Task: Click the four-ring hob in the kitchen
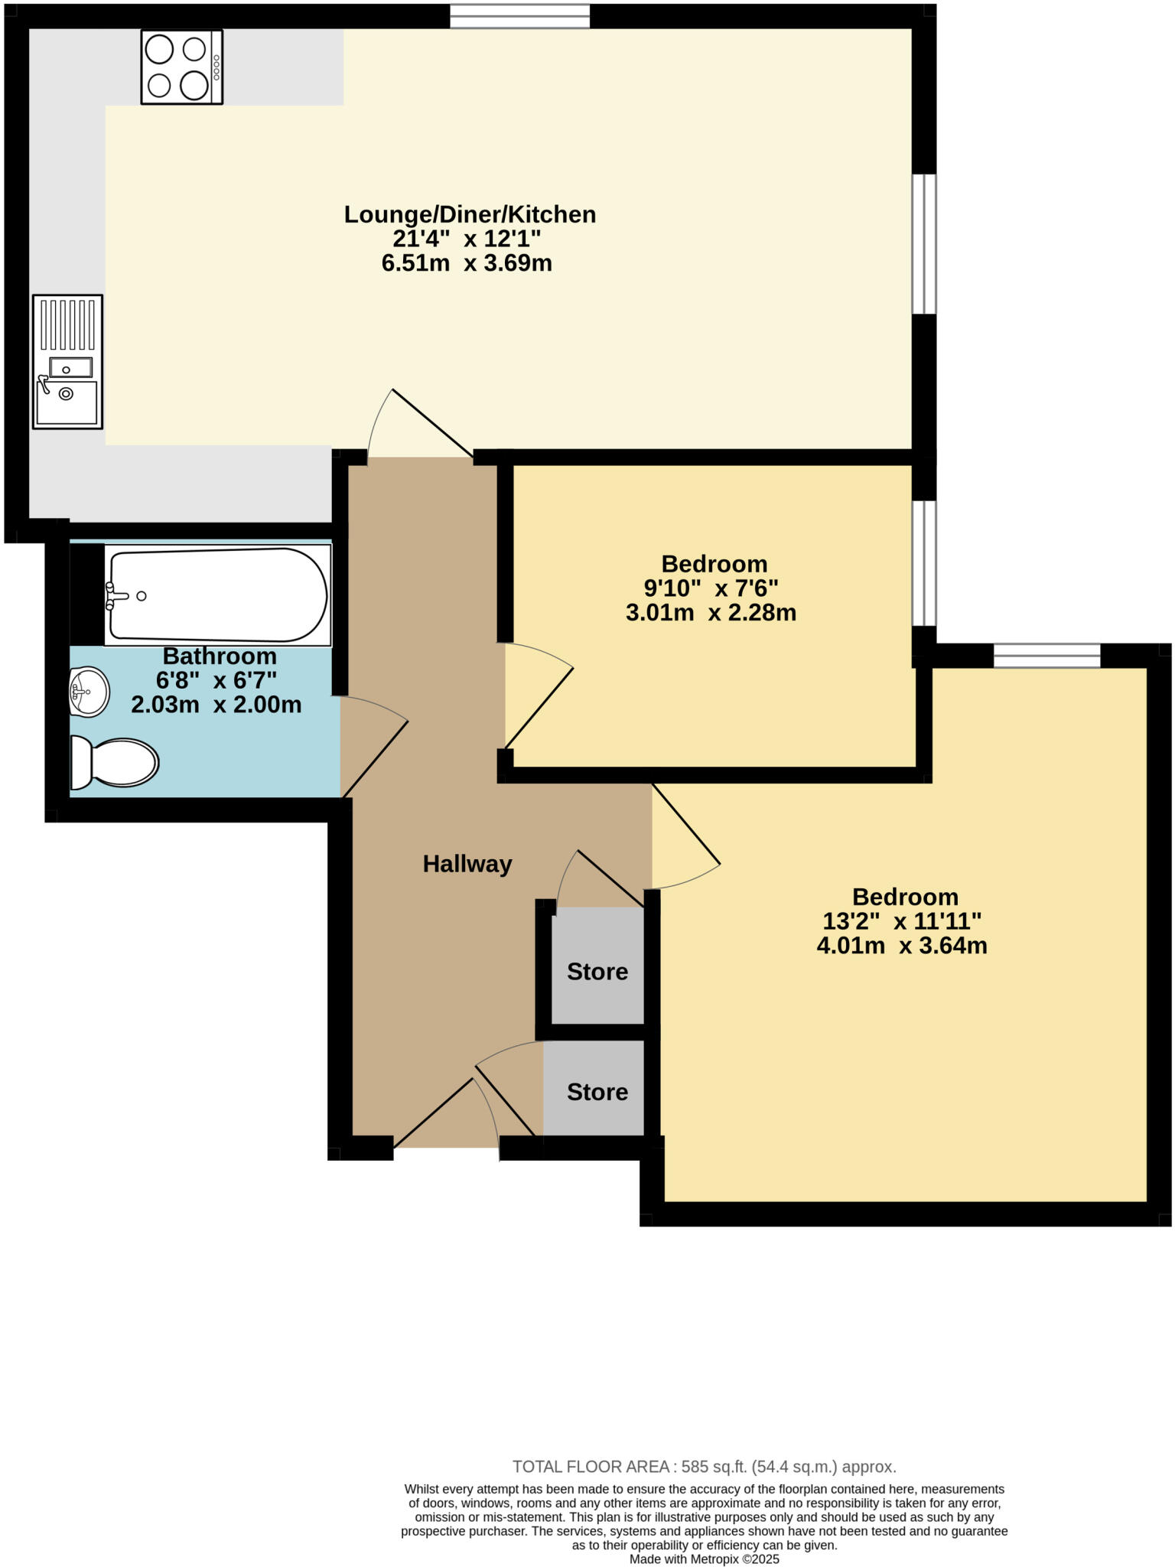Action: pyautogui.click(x=181, y=67)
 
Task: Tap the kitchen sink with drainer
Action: pyautogui.click(x=67, y=361)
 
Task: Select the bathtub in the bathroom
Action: pyautogui.click(x=218, y=595)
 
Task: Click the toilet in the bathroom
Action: pyautogui.click(x=115, y=762)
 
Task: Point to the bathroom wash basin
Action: pyautogui.click(x=89, y=692)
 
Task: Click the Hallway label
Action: pyautogui.click(x=467, y=864)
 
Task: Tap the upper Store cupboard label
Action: pyautogui.click(x=597, y=972)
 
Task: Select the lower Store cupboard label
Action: pyautogui.click(x=597, y=1092)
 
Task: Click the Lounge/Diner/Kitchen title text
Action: pyautogui.click(x=470, y=214)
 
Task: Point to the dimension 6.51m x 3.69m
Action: pyautogui.click(x=467, y=264)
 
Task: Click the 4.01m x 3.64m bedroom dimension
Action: pyautogui.click(x=902, y=946)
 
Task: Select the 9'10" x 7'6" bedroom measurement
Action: pyautogui.click(x=711, y=588)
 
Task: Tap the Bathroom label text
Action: pyautogui.click(x=220, y=656)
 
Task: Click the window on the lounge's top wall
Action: pyautogui.click(x=520, y=16)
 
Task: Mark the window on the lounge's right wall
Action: pyautogui.click(x=924, y=244)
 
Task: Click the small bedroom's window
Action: pyautogui.click(x=924, y=564)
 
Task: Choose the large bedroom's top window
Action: pyautogui.click(x=1046, y=656)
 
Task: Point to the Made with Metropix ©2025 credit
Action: pyautogui.click(x=704, y=1559)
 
